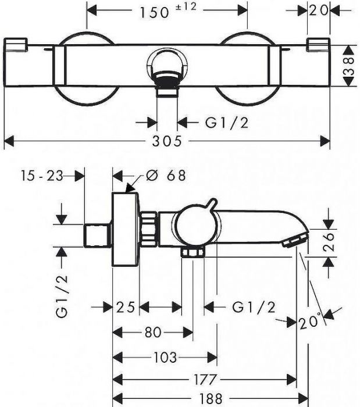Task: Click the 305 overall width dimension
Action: (x=167, y=141)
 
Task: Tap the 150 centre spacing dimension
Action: (x=154, y=12)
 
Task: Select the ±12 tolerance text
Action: (x=186, y=7)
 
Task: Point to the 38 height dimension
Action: (x=350, y=66)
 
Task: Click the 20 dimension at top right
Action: (x=319, y=10)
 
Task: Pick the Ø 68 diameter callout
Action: (x=166, y=176)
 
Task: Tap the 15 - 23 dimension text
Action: (x=42, y=176)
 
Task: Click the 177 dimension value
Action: (x=205, y=380)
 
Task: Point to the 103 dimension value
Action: (x=165, y=358)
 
